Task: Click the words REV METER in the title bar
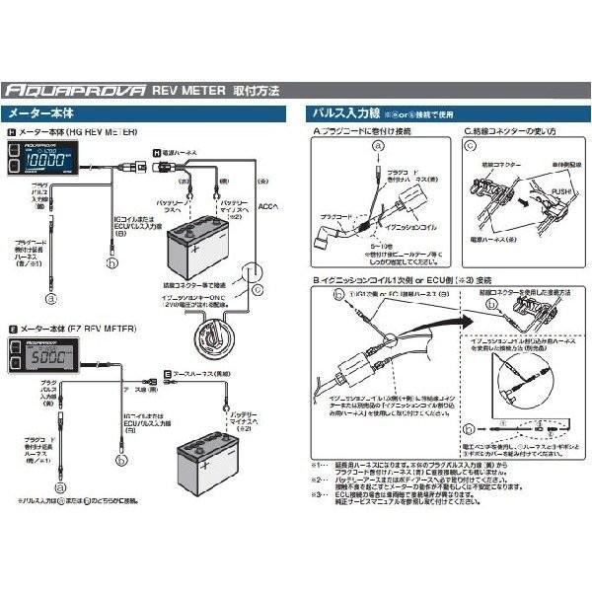pyautogui.click(x=188, y=88)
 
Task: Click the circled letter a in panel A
pyautogui.click(x=376, y=145)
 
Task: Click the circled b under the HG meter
pyautogui.click(x=111, y=263)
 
